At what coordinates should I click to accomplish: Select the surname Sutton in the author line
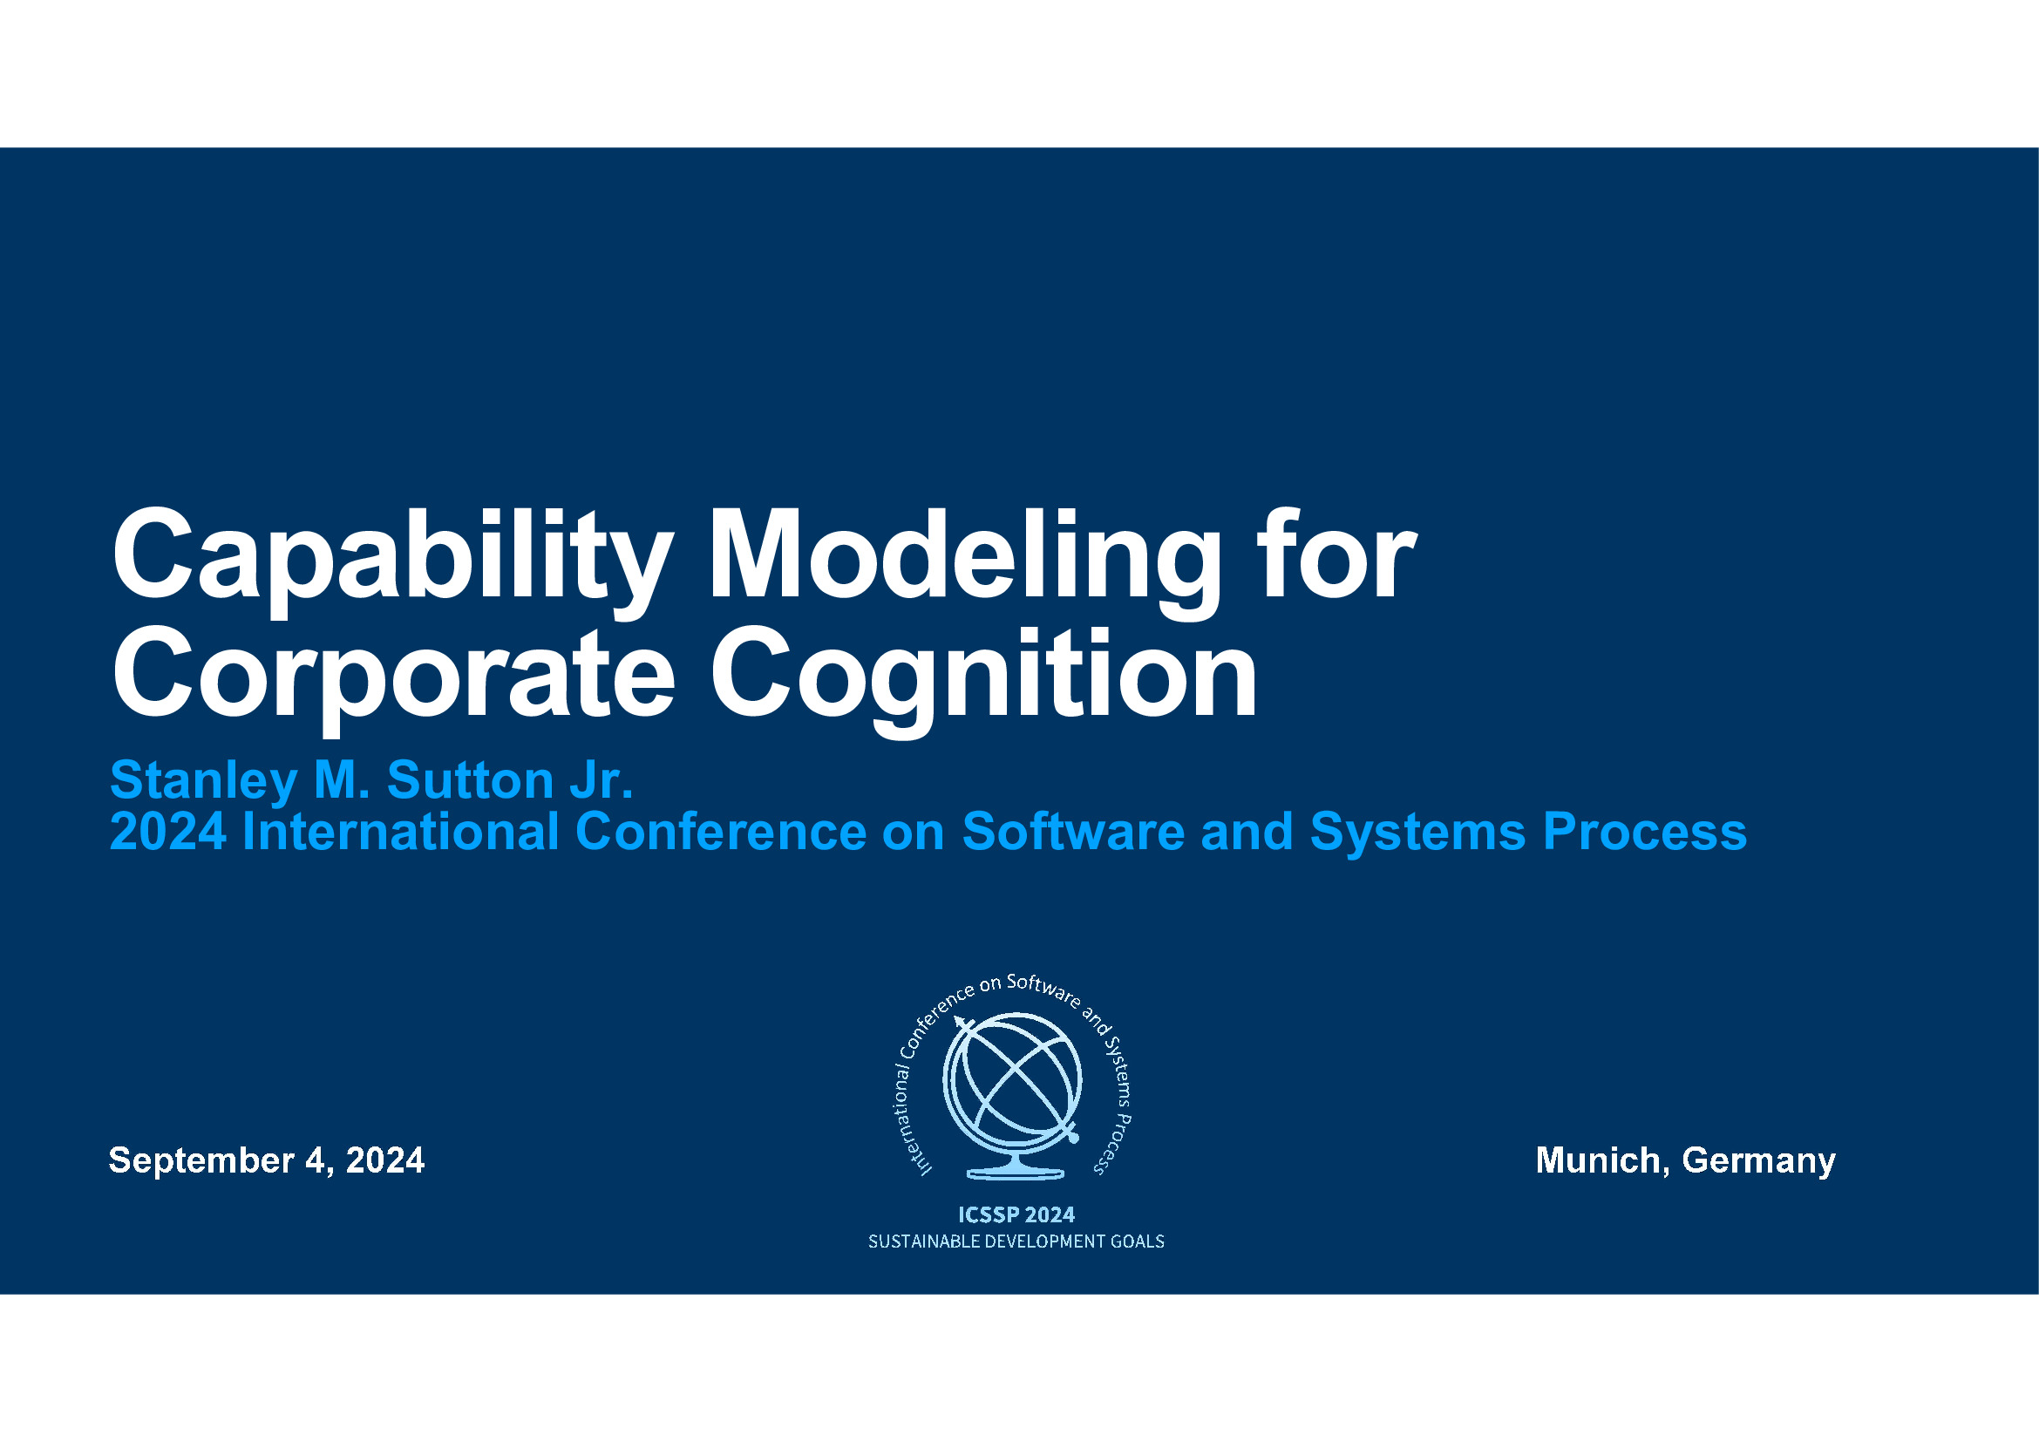pyautogui.click(x=471, y=779)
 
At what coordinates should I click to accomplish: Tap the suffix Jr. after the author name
pyautogui.click(x=602, y=779)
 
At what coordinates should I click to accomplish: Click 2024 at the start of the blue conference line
pyautogui.click(x=169, y=832)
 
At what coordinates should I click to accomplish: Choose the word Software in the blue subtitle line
pyautogui.click(x=1074, y=832)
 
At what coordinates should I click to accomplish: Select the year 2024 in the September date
pyautogui.click(x=385, y=1160)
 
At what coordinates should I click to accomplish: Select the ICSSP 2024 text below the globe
pyautogui.click(x=1016, y=1214)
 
